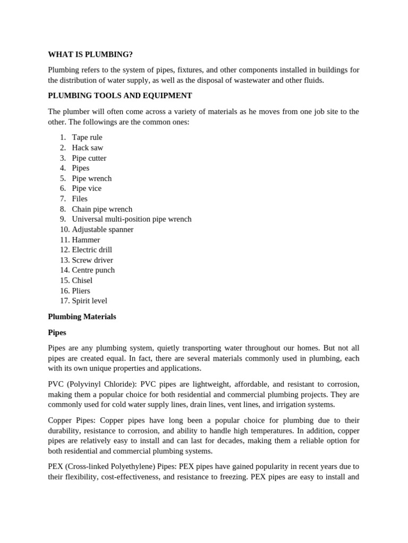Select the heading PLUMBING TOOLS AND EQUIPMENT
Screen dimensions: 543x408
point(120,95)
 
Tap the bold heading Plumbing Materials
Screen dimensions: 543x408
point(82,317)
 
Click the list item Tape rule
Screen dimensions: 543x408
point(87,137)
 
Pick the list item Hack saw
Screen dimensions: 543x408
point(88,147)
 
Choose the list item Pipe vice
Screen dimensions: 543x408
point(87,188)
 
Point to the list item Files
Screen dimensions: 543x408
point(80,198)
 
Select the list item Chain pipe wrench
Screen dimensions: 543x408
point(102,209)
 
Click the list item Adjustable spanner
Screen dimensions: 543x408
point(103,230)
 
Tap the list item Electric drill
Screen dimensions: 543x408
point(92,250)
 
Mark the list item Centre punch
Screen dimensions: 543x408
point(93,270)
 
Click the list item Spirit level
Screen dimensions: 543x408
point(89,301)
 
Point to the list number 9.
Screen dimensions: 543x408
point(63,219)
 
